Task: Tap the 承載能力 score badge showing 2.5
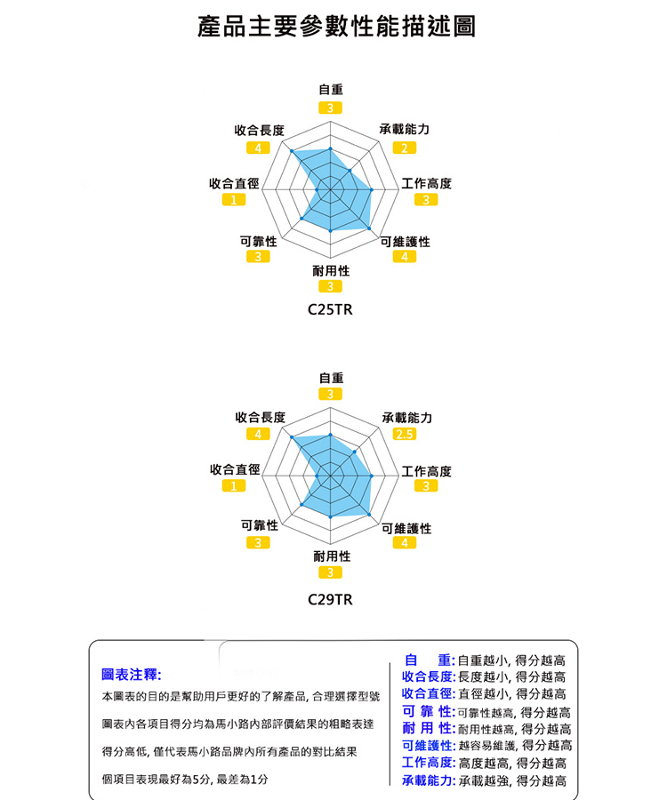pos(406,434)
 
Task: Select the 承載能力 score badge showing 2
pos(406,147)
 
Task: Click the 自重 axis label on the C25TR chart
pos(331,90)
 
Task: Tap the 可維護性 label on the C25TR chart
pos(406,241)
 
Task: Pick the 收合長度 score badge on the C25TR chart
pos(259,147)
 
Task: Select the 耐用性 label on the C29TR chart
pos(331,556)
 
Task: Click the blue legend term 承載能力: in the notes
pos(429,781)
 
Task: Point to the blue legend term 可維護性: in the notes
pos(429,746)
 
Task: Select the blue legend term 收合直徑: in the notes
pos(429,694)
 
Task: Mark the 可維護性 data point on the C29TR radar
pos(370,515)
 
